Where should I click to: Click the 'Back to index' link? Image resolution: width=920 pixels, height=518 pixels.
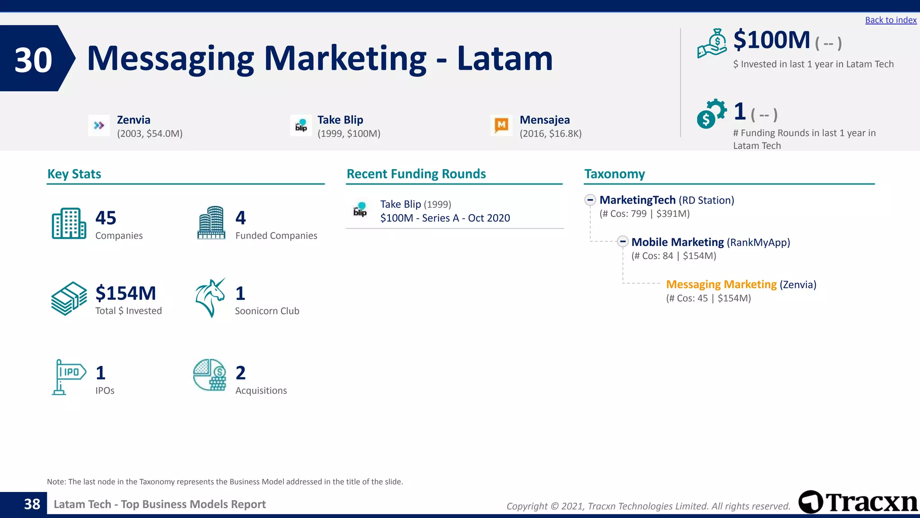[x=890, y=20]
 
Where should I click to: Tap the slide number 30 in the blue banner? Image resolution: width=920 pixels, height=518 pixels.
[x=33, y=60]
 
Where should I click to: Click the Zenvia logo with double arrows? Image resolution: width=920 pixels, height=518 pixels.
[x=99, y=125]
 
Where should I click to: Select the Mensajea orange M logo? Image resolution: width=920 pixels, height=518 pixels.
[x=501, y=125]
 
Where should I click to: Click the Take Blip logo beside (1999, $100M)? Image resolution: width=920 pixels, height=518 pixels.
[x=301, y=125]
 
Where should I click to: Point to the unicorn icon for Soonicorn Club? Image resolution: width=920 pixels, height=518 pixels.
[x=210, y=298]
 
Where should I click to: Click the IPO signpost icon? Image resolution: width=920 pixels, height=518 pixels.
[x=68, y=377]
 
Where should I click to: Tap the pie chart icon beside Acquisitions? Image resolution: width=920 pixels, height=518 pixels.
[x=209, y=375]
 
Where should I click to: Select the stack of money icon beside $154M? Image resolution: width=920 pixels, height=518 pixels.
[x=69, y=298]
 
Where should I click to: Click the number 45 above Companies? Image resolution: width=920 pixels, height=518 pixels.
[x=106, y=218]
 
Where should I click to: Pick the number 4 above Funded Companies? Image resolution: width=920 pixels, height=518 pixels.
[x=241, y=218]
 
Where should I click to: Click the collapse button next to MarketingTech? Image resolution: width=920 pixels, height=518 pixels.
[x=590, y=200]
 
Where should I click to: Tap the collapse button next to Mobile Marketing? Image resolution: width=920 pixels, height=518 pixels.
[x=623, y=241]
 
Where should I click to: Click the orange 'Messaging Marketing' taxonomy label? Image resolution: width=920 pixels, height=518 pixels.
[x=721, y=284]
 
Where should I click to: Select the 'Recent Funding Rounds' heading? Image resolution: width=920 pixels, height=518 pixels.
[x=416, y=174]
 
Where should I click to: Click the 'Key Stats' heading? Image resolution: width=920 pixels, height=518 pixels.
[x=74, y=174]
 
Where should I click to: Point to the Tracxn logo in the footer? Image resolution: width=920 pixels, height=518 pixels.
[x=858, y=502]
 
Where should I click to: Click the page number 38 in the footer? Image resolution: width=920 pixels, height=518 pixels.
[x=32, y=504]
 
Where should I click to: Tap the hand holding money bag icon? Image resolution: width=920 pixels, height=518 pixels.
[x=712, y=44]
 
